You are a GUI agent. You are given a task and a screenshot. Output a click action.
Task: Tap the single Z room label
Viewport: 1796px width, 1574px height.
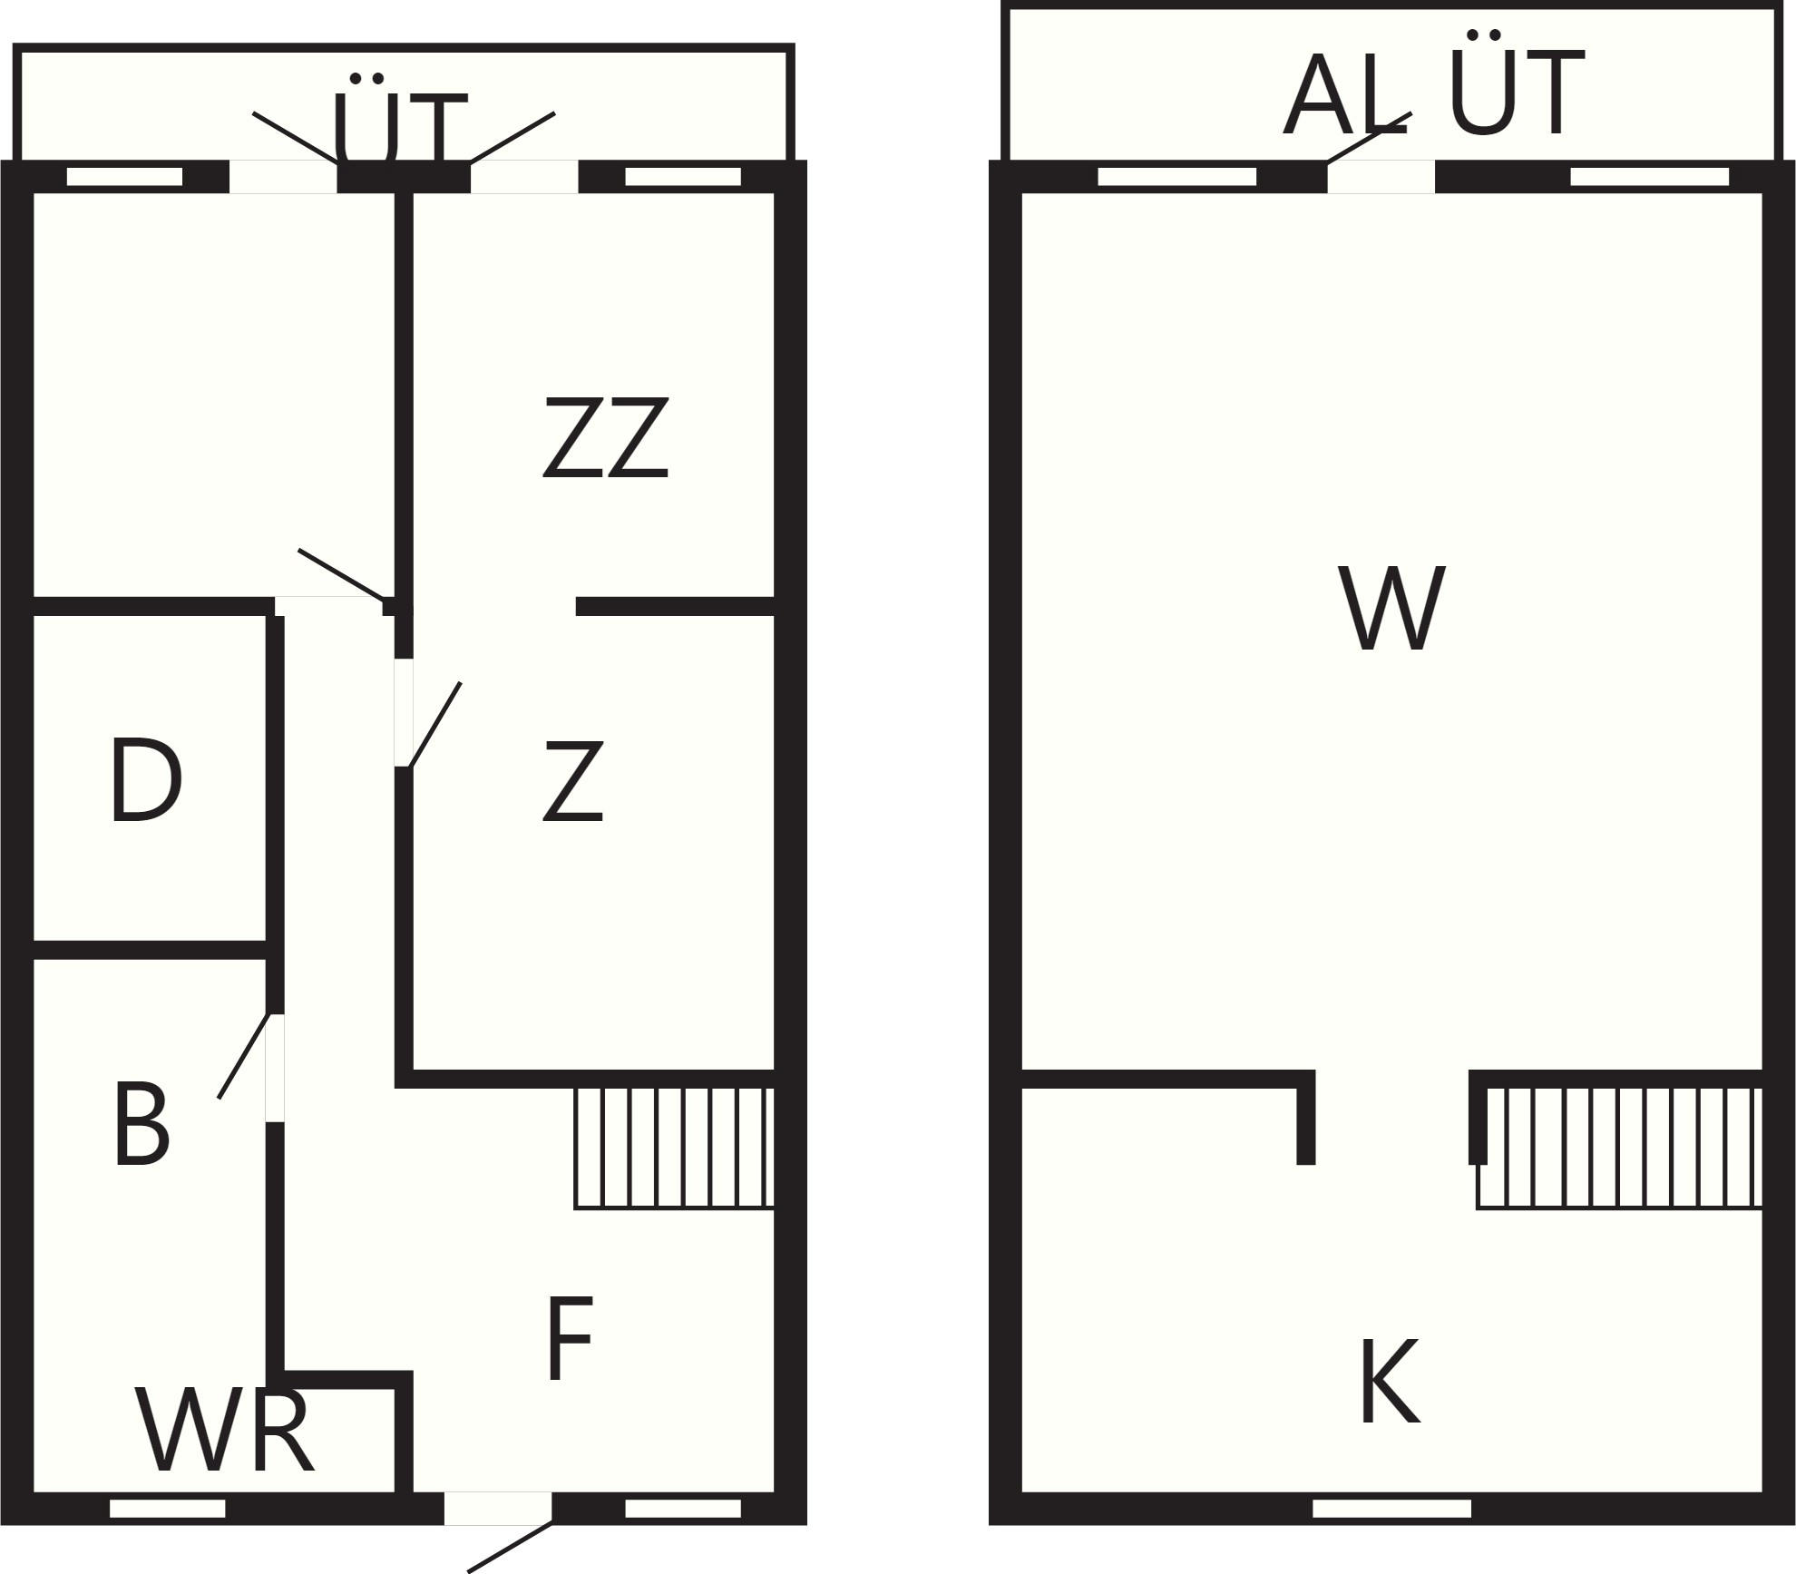pyautogui.click(x=573, y=781)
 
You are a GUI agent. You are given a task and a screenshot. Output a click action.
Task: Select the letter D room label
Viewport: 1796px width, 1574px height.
pyautogui.click(x=146, y=781)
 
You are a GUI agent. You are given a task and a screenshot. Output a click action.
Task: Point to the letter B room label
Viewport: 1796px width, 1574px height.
pyautogui.click(x=142, y=1125)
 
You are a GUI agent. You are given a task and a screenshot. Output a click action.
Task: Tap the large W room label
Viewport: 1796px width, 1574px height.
pyautogui.click(x=1391, y=609)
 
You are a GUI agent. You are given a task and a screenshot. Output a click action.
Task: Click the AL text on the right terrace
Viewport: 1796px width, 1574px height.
pyautogui.click(x=1345, y=95)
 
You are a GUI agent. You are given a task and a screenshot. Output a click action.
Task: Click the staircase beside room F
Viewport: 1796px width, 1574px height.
pyautogui.click(x=674, y=1149)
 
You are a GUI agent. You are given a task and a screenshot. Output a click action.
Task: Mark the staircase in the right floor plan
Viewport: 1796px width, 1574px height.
pyautogui.click(x=1619, y=1149)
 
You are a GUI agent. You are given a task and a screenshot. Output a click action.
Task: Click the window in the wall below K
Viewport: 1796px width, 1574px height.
pyautogui.click(x=1391, y=1509)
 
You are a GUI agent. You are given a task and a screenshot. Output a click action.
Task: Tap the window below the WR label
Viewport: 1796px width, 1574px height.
pyautogui.click(x=168, y=1509)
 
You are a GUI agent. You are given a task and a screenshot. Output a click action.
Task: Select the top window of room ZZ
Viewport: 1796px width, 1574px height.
pyautogui.click(x=683, y=176)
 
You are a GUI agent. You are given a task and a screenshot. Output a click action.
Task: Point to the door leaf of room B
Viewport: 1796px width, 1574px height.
pyautogui.click(x=243, y=1056)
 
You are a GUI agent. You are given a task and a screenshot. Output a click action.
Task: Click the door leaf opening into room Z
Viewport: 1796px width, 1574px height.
pyautogui.click(x=435, y=725)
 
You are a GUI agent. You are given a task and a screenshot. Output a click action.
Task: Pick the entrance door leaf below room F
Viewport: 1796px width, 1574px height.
pyautogui.click(x=510, y=1547)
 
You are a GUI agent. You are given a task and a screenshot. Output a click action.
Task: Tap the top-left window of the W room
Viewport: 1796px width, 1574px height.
pyautogui.click(x=1177, y=176)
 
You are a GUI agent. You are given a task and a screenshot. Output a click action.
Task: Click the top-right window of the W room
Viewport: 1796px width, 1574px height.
pyautogui.click(x=1650, y=176)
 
